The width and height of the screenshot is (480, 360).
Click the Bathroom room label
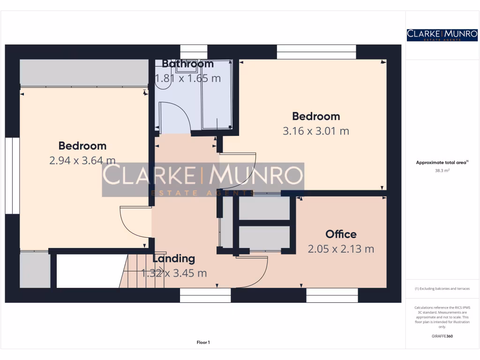pyautogui.click(x=187, y=64)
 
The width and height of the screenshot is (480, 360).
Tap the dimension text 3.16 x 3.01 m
pyautogui.click(x=315, y=131)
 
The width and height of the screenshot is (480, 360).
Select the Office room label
pyautogui.click(x=341, y=234)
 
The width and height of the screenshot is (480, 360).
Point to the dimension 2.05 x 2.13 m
pyautogui.click(x=341, y=249)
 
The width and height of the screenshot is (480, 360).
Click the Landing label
pyautogui.click(x=173, y=258)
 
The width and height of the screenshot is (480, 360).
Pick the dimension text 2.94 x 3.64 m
pyautogui.click(x=82, y=161)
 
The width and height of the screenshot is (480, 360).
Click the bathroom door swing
pyautogui.click(x=173, y=117)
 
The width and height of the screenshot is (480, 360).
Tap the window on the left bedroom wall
pyautogui.click(x=12, y=176)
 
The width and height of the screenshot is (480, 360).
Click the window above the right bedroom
pyautogui.click(x=316, y=52)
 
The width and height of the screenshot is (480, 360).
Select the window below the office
pyautogui.click(x=332, y=295)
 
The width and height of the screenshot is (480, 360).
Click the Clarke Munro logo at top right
pyautogui.click(x=442, y=35)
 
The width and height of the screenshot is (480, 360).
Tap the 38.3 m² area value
pyautogui.click(x=442, y=171)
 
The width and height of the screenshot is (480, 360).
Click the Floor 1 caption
pyautogui.click(x=203, y=343)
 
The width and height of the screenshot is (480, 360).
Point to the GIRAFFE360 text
pyautogui.click(x=442, y=336)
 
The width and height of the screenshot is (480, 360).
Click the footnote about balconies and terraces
pyautogui.click(x=442, y=289)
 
